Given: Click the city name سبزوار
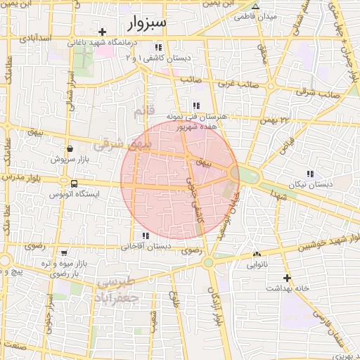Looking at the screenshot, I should (147, 23).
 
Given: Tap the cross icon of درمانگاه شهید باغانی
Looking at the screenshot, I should (103, 32).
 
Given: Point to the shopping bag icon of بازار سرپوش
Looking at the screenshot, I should (70, 149).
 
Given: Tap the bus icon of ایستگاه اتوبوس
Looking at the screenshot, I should (74, 184).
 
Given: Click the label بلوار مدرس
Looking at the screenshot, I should (22, 179).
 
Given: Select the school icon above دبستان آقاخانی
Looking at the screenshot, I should (146, 236).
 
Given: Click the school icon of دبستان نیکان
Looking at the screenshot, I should (310, 174).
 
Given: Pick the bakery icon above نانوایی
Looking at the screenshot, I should (256, 255).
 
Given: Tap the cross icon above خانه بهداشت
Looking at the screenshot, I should (286, 278).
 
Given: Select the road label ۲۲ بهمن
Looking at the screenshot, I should (274, 120).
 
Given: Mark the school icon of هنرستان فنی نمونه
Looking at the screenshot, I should (186, 105).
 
